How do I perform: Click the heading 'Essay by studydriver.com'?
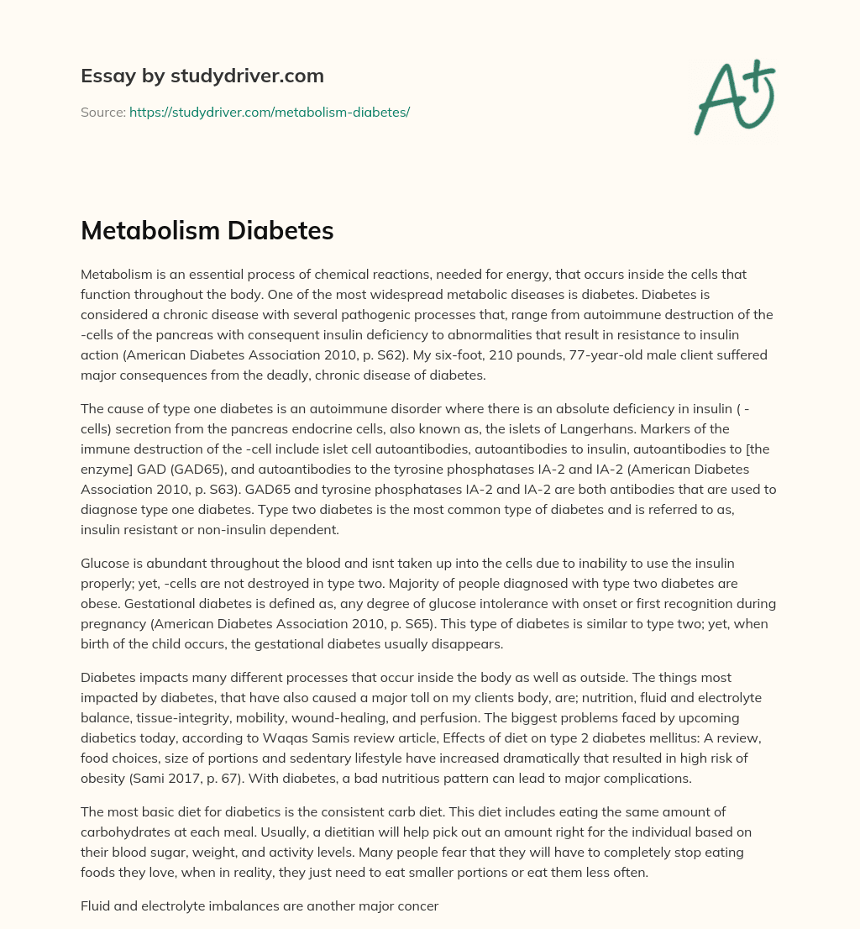[x=202, y=76]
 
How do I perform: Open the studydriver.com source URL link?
[x=269, y=112]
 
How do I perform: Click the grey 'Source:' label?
[x=102, y=112]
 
